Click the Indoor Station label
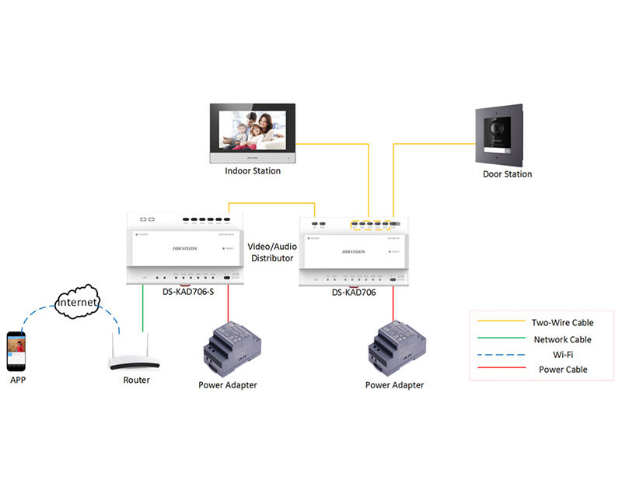[253, 171]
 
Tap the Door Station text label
[507, 174]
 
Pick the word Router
[137, 381]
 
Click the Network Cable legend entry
[562, 339]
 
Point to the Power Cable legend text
[562, 370]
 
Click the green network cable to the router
[143, 311]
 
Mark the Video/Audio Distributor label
[271, 251]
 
